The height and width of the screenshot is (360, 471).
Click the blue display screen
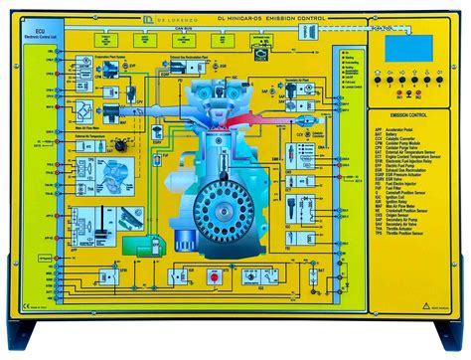click(x=408, y=44)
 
